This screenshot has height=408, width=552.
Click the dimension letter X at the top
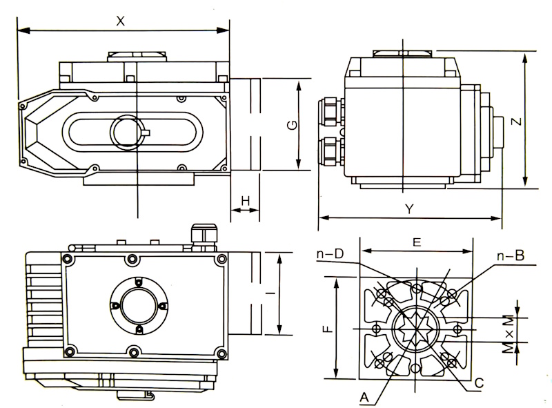(x=120, y=21)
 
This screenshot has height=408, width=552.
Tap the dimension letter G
(x=293, y=125)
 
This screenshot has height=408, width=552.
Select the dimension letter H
(x=246, y=201)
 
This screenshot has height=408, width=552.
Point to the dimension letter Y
(x=409, y=209)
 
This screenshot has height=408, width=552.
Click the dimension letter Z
(x=516, y=122)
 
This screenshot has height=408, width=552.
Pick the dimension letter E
(x=417, y=242)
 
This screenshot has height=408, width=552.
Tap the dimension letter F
(x=328, y=329)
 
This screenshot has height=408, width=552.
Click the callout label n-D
(x=330, y=253)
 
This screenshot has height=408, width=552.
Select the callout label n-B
(x=511, y=255)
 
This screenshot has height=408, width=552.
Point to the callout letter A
(x=364, y=398)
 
